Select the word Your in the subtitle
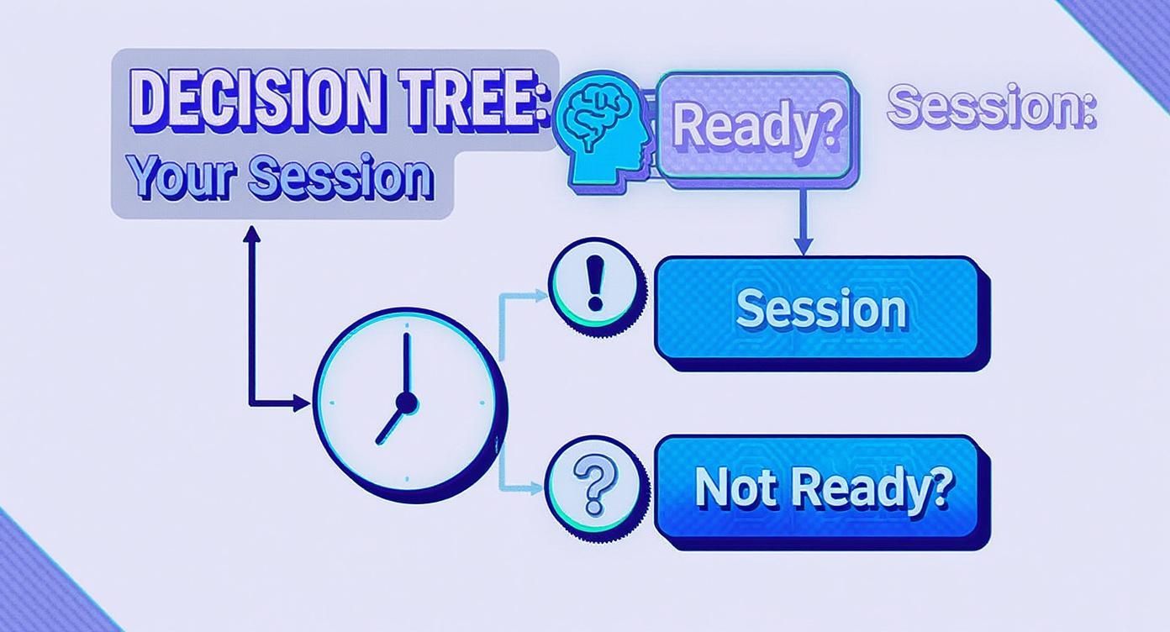click(x=177, y=177)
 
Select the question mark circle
click(x=594, y=488)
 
